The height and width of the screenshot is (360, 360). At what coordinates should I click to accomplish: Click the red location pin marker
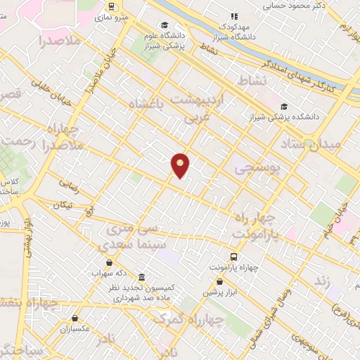click(x=181, y=165)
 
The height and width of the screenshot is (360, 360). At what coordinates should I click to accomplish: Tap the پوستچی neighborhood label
click(x=256, y=169)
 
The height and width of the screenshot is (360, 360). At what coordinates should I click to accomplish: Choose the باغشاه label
click(x=149, y=105)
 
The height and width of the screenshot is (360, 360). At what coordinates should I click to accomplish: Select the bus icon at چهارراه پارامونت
click(x=233, y=257)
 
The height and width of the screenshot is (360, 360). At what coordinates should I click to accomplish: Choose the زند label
click(x=323, y=281)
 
